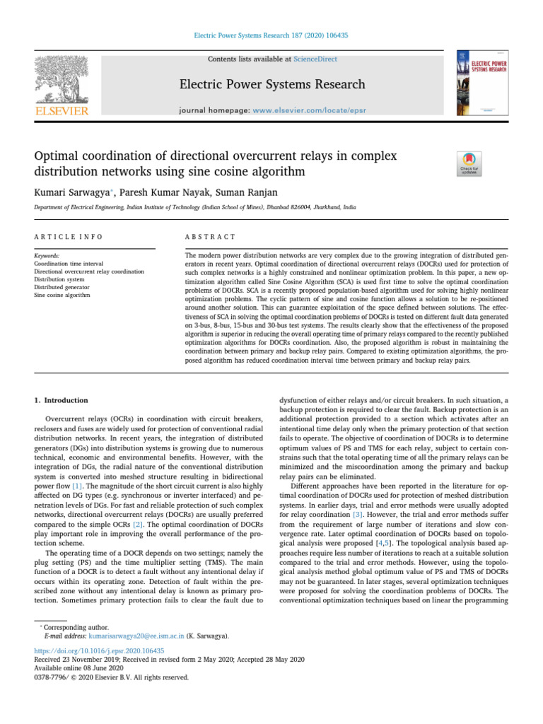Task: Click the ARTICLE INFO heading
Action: click(x=69, y=236)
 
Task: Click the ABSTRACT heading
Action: click(x=209, y=236)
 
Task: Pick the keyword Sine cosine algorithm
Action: click(x=62, y=295)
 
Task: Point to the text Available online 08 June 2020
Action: click(x=80, y=667)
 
